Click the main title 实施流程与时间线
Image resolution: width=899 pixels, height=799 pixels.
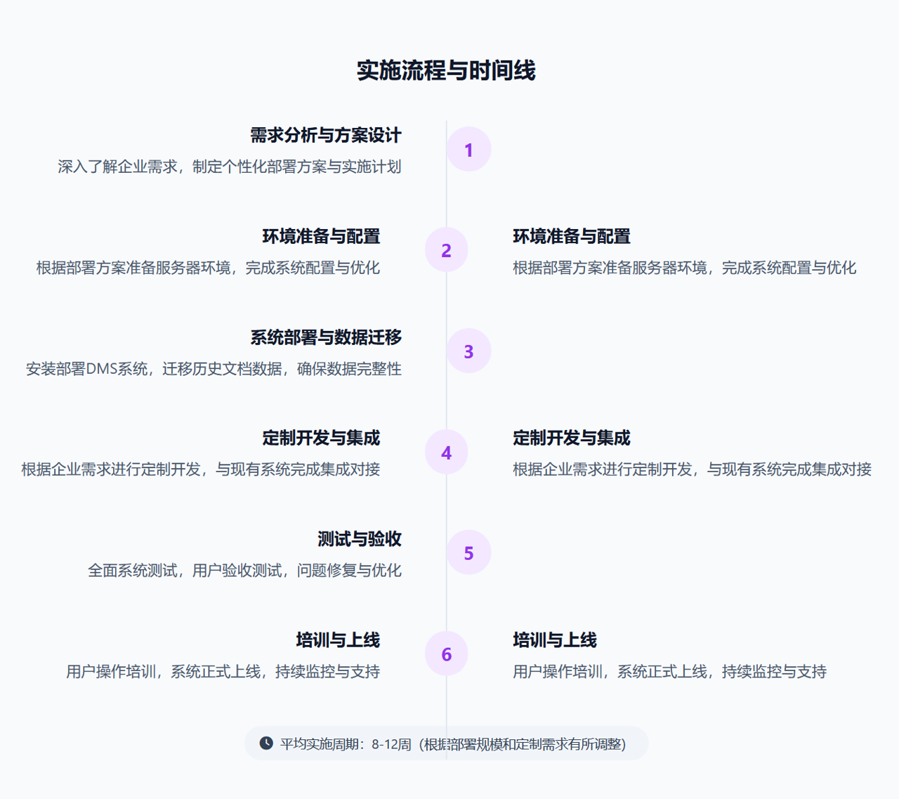pos(446,71)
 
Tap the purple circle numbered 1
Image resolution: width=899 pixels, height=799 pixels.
pos(468,150)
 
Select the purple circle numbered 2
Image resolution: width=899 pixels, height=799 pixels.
pos(447,250)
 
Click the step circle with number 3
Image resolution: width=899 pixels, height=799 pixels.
pos(468,351)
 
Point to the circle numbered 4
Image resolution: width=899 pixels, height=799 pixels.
pos(447,453)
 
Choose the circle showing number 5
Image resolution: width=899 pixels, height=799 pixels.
pos(468,553)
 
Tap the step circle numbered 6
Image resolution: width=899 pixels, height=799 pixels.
pos(447,654)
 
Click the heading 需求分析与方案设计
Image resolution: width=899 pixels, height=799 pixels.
pos(326,135)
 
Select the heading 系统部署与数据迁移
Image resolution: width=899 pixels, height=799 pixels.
pos(326,337)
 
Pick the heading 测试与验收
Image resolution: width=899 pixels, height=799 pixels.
pos(359,539)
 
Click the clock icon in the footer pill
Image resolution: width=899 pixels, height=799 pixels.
pos(266,743)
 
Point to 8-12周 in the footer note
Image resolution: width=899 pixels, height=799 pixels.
pos(391,744)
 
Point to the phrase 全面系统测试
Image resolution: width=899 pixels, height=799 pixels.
pos(132,571)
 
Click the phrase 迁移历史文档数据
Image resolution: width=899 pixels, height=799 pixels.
pos(222,369)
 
